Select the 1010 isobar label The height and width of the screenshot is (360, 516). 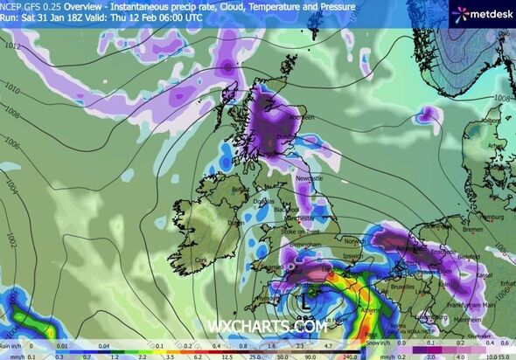(x=10, y=88)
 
